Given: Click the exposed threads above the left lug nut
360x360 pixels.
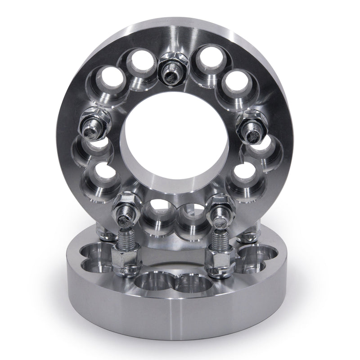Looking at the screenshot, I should (x=127, y=238).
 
